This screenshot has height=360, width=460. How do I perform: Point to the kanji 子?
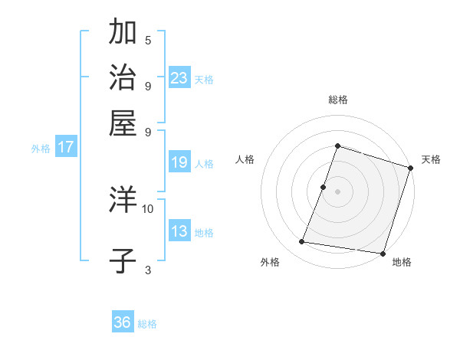point(123,260)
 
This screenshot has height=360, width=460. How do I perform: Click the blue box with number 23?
point(179,77)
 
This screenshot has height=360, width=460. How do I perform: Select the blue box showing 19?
point(179,162)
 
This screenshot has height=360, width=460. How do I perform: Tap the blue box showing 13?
point(179,231)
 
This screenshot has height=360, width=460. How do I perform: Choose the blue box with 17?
point(66,147)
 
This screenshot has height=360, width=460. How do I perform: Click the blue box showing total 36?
point(123,322)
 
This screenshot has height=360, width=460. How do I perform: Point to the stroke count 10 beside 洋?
point(148,208)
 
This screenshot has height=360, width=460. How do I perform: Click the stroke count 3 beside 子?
point(148,269)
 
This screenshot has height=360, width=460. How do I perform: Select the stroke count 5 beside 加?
point(148,40)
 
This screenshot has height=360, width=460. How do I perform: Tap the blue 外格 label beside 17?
point(41,149)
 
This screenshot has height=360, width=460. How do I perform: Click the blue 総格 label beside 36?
point(147,324)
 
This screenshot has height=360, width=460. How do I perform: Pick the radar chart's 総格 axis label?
point(337,100)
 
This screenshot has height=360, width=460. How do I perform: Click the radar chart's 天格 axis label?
point(431,159)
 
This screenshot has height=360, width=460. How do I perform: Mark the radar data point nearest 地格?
point(382,253)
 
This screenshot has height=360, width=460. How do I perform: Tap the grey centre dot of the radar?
point(337,191)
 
